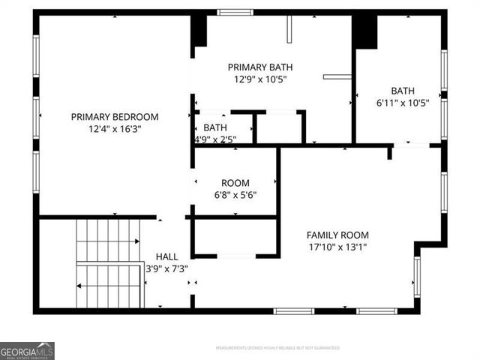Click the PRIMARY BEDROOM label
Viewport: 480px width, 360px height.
tap(115, 117)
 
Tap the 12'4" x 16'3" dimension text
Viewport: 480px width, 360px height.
tap(115, 129)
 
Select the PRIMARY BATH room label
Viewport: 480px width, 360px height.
tap(259, 67)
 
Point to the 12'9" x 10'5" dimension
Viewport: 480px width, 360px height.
tap(259, 79)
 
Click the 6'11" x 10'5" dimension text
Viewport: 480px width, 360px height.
tap(403, 103)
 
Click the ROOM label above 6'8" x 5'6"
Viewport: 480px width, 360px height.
tap(235, 183)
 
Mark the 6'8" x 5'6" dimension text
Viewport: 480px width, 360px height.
tap(235, 195)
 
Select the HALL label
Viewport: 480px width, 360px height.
tap(166, 256)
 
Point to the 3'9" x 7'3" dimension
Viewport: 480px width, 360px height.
tap(166, 268)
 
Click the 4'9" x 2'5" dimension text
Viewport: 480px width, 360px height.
tap(215, 139)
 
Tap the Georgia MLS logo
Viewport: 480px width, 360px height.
tap(27, 350)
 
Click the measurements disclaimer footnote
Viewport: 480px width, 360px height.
tap(277, 348)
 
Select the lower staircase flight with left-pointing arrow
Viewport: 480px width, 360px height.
tap(109, 285)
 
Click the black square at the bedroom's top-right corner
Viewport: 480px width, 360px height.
tap(199, 31)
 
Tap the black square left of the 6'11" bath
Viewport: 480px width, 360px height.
tap(364, 31)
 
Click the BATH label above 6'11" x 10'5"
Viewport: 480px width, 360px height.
tap(403, 91)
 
